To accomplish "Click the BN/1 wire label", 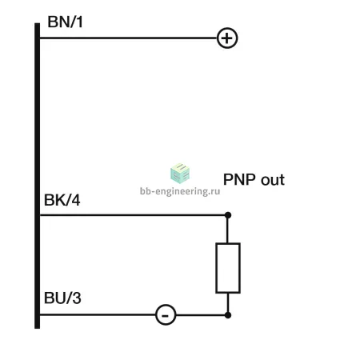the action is tap(65, 22).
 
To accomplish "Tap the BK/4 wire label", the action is tap(62, 200).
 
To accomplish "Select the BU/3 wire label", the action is tap(62, 298).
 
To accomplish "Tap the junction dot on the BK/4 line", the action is tap(228, 215).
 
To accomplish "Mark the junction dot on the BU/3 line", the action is tap(228, 315).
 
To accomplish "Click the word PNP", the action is tap(239, 179).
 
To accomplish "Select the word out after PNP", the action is tap(273, 180).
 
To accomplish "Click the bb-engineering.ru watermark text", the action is tap(180, 191).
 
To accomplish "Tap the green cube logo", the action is tap(180, 174).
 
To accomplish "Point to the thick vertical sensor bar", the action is tap(38, 176).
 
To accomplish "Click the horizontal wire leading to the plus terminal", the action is tap(129, 38).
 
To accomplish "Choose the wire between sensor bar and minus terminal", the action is tap(98, 315).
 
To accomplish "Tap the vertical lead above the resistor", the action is tap(227, 230).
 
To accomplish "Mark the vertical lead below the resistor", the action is tap(228, 302).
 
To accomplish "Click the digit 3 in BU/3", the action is tap(77, 298).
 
